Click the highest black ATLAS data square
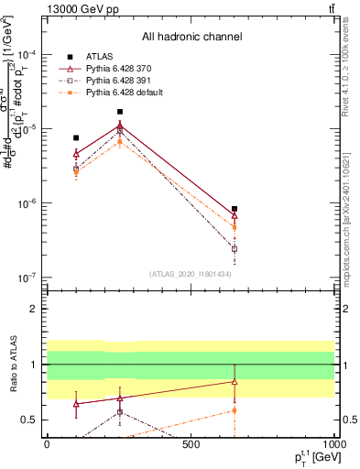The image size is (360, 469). pyautogui.click(x=120, y=112)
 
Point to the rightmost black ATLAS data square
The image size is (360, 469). pyautogui.click(x=235, y=209)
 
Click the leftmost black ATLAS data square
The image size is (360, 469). pyautogui.click(x=76, y=138)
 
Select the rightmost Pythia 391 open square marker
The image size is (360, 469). pyautogui.click(x=235, y=248)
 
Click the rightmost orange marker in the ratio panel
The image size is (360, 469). pyautogui.click(x=235, y=409)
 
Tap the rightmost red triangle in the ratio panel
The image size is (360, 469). pyautogui.click(x=235, y=381)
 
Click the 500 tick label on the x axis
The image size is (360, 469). pyautogui.click(x=191, y=444)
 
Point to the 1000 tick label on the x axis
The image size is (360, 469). pyautogui.click(x=334, y=444)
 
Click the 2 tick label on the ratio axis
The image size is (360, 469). pyautogui.click(x=34, y=309)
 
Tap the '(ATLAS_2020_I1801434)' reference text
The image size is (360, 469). pyautogui.click(x=190, y=274)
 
